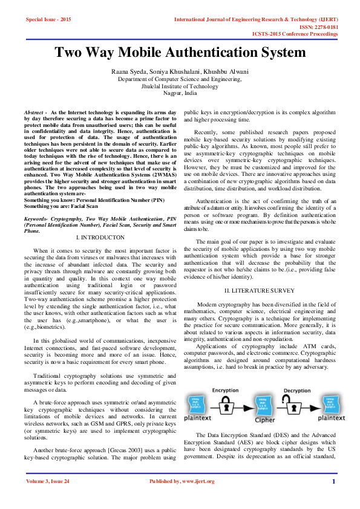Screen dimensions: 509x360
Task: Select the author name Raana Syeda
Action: click(129, 72)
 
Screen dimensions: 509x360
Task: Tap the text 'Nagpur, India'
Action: click(180, 94)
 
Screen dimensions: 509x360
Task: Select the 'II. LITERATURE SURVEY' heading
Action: click(260, 290)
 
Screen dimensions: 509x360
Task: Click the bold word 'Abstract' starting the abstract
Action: click(34, 113)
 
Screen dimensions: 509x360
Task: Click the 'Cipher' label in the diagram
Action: click(264, 418)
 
